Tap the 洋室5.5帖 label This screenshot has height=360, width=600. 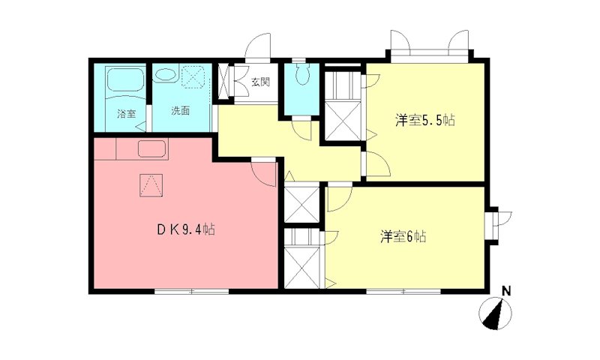tap(424, 120)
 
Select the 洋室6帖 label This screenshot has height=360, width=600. tap(403, 237)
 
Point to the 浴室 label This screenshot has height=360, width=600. tap(126, 114)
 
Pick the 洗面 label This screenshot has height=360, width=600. tap(180, 111)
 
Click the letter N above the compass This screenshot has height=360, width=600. tap(506, 291)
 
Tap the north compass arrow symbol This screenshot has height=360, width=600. tap(495, 313)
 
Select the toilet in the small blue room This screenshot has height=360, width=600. tap(303, 75)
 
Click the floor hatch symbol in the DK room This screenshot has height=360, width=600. tap(151, 184)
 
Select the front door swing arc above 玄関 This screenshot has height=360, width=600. tap(259, 45)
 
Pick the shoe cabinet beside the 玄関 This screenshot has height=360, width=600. tap(224, 82)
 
